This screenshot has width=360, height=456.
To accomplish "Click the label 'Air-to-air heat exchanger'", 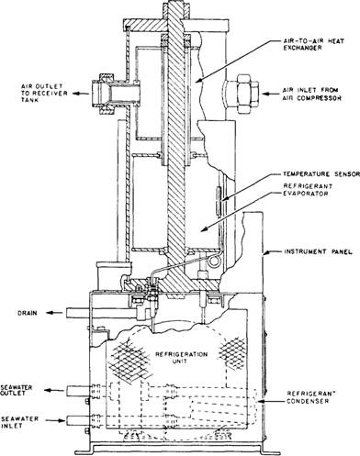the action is click(x=313, y=44).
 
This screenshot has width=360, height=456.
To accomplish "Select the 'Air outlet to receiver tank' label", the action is click(x=44, y=94).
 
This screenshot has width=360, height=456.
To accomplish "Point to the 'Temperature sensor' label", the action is click(x=321, y=174).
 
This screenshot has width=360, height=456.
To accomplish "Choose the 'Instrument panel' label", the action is click(x=319, y=252).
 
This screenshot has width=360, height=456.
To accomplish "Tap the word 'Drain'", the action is click(x=27, y=313).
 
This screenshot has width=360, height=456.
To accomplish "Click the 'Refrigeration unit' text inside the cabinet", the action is click(x=182, y=358).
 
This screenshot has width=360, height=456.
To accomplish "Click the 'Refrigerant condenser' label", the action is click(x=309, y=397).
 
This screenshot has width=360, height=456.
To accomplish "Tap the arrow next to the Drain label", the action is click(x=54, y=313).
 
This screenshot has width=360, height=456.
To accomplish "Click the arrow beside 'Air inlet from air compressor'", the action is click(x=269, y=94).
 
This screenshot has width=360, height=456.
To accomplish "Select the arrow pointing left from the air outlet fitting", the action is click(x=81, y=93).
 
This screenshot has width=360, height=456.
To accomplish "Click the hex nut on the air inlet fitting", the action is click(x=244, y=95).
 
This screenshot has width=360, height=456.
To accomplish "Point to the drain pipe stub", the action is click(x=78, y=313).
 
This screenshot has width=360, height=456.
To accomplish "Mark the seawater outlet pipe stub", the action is click(x=78, y=391).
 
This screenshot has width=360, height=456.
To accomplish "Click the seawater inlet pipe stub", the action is click(x=78, y=420).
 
